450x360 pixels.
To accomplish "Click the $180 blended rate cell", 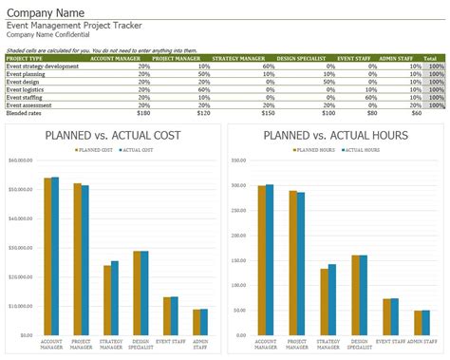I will (143, 112).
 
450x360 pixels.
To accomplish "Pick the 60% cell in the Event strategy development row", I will (269, 66).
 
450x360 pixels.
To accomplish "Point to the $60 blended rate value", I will (416, 112).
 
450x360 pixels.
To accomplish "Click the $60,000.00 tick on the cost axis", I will (21, 160).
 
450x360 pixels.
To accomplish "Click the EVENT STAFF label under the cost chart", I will (171, 341).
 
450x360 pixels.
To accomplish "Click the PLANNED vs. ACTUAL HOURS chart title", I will (335, 135).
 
